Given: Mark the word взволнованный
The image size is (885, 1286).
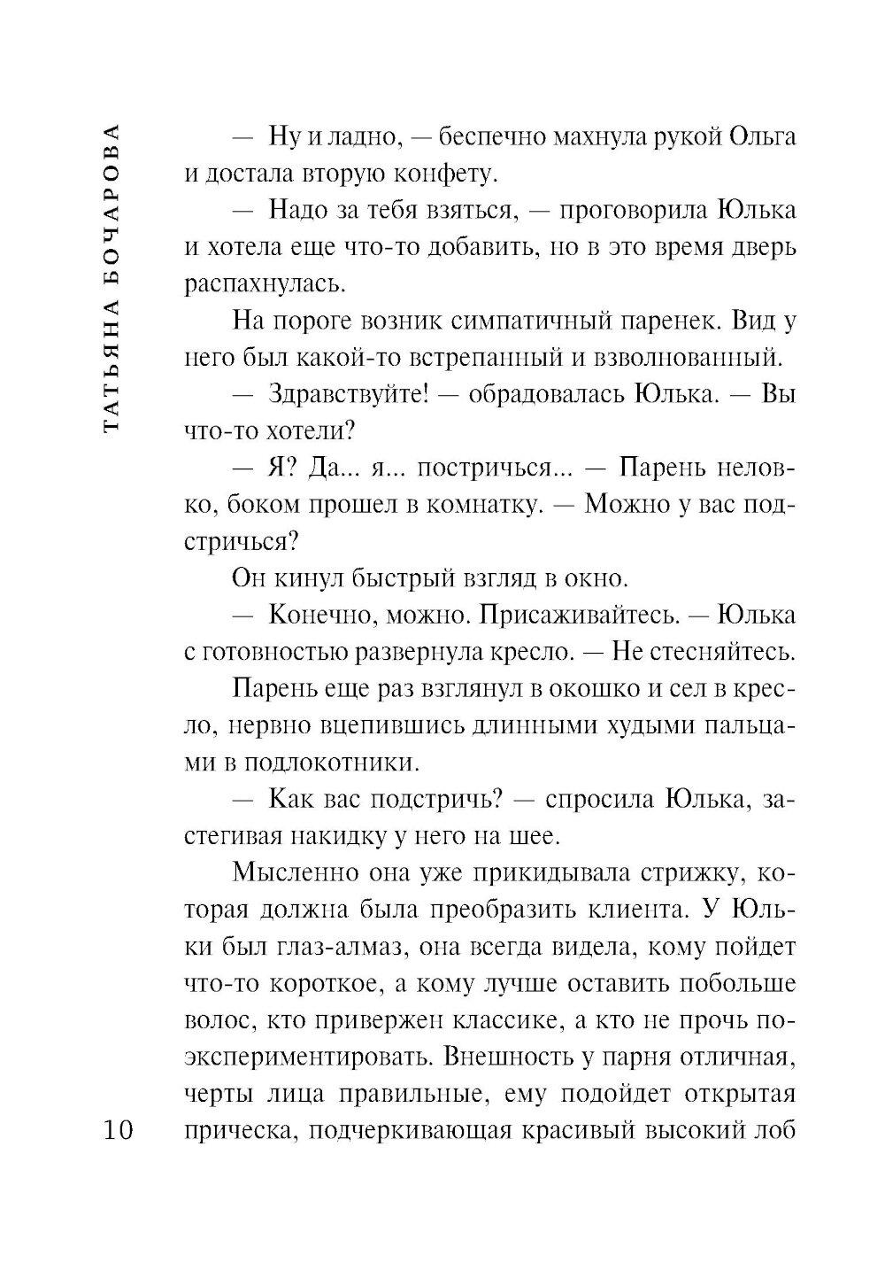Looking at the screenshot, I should point(691,358).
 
